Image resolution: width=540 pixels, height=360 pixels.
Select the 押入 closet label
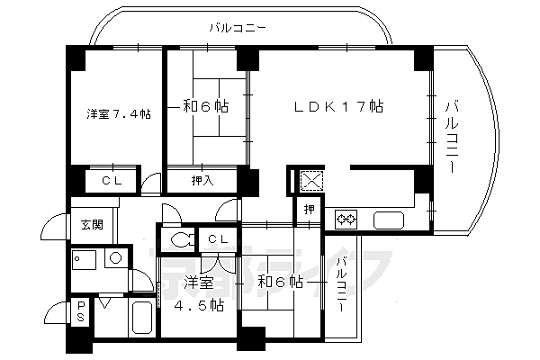point(202,181)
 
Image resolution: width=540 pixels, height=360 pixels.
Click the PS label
point(80,311)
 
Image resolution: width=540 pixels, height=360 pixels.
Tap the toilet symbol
point(181,239)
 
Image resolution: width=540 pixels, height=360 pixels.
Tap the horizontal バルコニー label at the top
point(237,28)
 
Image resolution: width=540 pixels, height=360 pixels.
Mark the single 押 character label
point(309,211)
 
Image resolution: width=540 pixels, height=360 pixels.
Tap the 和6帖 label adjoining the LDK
point(205,106)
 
